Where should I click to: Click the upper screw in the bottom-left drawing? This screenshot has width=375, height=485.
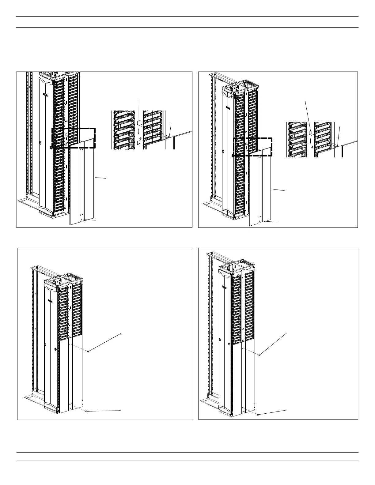coord(88,352)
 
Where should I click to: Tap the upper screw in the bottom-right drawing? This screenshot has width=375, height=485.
coord(259,355)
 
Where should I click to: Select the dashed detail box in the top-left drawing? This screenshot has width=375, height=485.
coord(74,138)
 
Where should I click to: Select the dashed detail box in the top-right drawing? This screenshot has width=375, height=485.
coord(253,147)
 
